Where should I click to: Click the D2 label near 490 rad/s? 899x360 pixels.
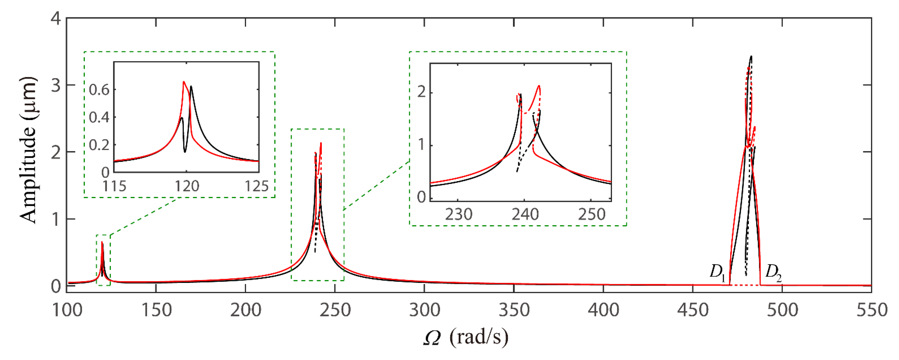tap(773, 272)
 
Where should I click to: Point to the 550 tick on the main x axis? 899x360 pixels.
tap(871, 310)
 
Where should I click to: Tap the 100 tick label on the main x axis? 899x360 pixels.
tap(67, 310)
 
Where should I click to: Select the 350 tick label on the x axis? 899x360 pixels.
tap(514, 310)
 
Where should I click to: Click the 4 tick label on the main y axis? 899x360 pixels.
tap(56, 18)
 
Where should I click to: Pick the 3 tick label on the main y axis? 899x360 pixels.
tap(56, 85)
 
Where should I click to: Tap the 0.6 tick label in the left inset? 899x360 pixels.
tap(99, 90)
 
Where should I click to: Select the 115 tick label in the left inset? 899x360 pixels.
tap(114, 186)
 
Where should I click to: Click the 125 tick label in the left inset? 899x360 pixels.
tap(257, 186)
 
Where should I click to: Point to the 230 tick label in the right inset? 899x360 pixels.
tap(458, 214)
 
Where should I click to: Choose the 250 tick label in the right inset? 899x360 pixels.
tap(591, 214)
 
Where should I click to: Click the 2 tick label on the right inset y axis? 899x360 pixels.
tap(422, 92)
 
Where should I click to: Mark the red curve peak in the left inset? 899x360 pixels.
tap(183, 82)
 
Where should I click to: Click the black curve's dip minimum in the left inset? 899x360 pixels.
tap(185, 152)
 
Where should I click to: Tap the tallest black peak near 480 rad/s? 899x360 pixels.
tap(751, 56)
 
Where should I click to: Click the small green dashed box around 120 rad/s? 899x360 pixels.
tap(103, 260)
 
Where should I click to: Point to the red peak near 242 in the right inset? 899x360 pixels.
tap(539, 86)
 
